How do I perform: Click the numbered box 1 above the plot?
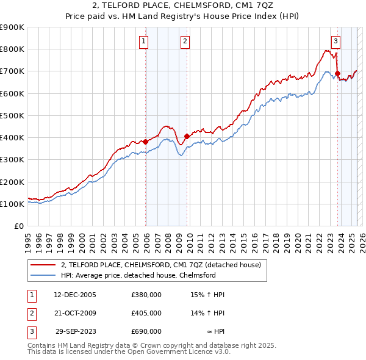coord(143,41)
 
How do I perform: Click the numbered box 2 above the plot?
coord(184,41)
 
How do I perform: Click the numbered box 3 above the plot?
coord(335,41)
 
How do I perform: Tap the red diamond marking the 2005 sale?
coord(146,142)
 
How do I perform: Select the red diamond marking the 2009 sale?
coord(187,136)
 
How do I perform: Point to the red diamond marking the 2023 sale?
coord(337,73)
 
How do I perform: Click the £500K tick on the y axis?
coord(12,115)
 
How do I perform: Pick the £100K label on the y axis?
coord(12,204)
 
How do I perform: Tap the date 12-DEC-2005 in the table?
coord(74,295)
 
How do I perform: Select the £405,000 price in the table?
coord(146,313)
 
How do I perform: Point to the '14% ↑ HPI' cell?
coord(208,313)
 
